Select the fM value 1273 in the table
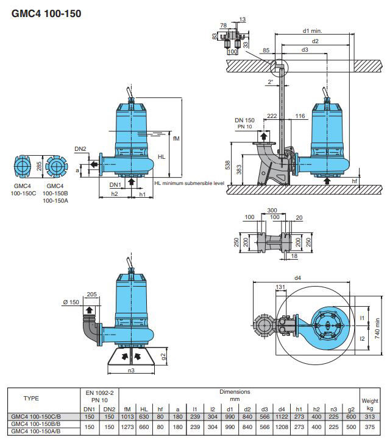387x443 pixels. tap(127, 427)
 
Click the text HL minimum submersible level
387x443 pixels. tap(190, 183)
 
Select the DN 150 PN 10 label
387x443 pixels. tap(245, 124)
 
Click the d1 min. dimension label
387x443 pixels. tap(312, 30)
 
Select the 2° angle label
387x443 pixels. tap(270, 81)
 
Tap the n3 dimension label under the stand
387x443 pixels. tap(132, 370)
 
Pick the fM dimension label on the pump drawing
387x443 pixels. tap(176, 138)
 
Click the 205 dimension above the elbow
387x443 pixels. tap(92, 295)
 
